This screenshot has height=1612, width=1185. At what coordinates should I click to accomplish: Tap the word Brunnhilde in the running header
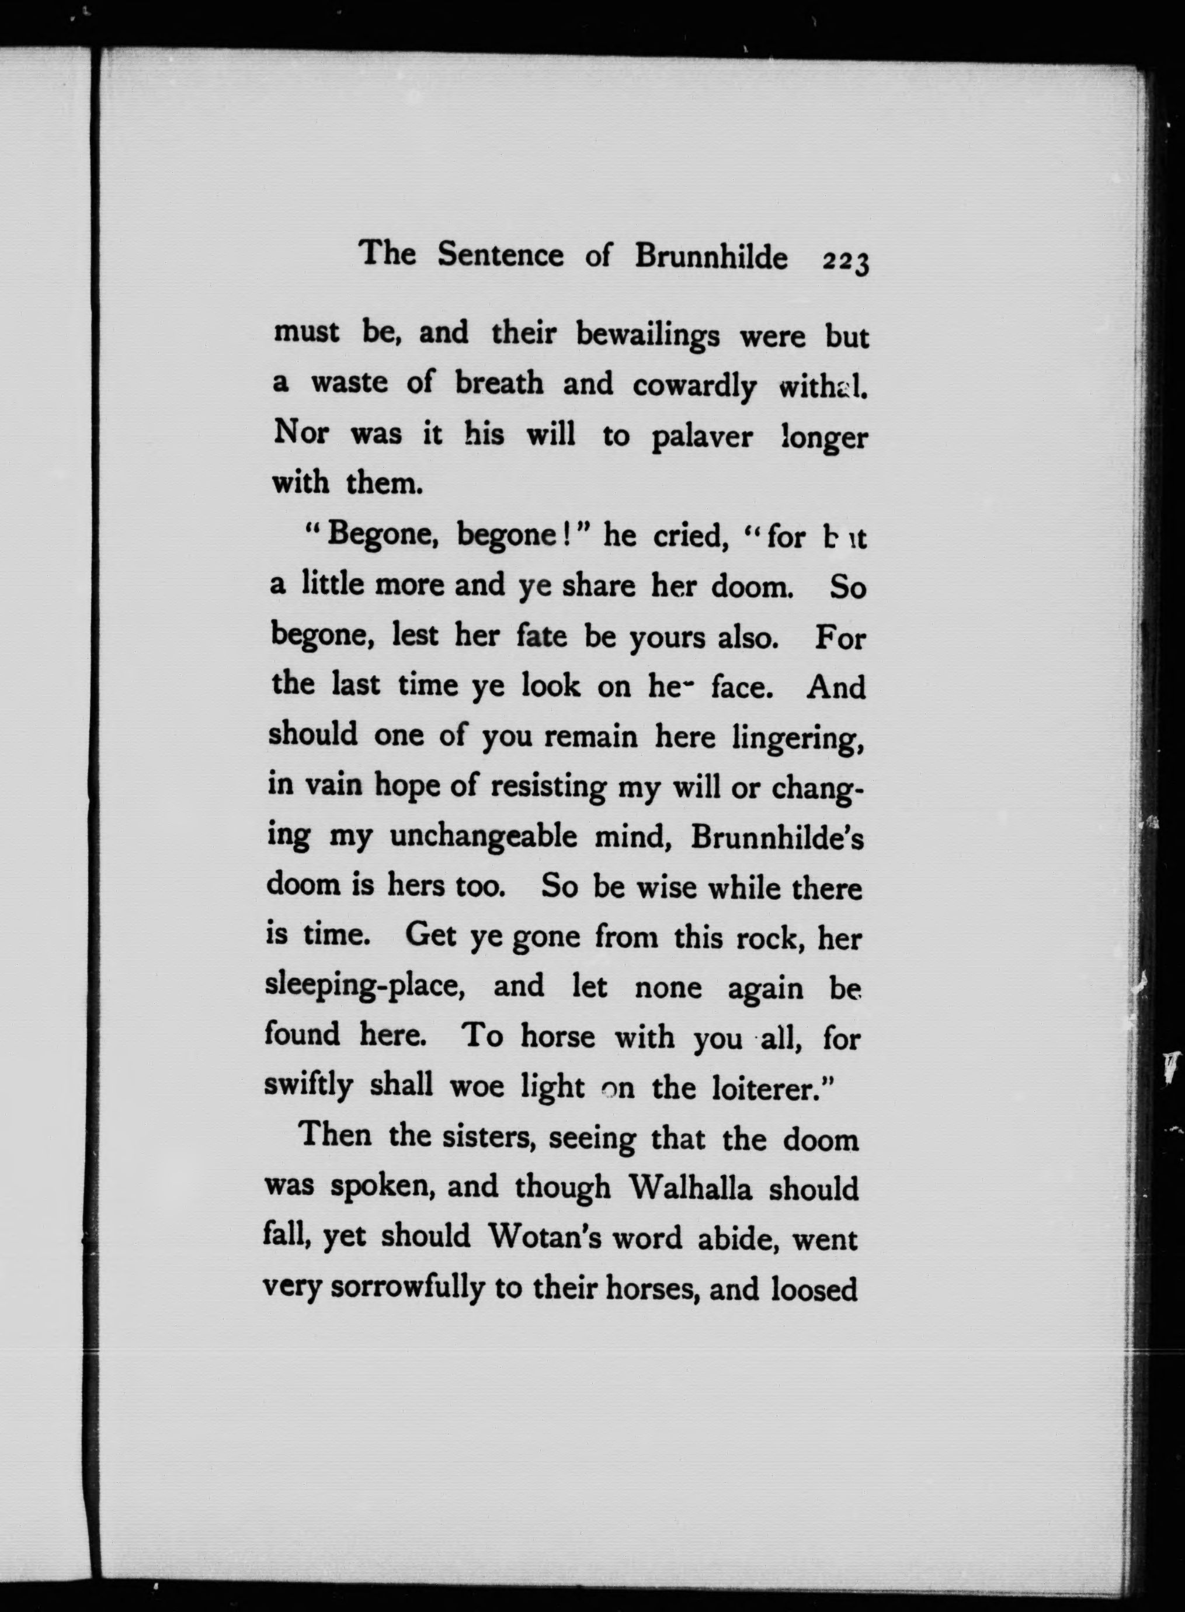pyautogui.click(x=711, y=257)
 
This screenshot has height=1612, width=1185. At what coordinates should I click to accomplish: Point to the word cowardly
pyautogui.click(x=694, y=387)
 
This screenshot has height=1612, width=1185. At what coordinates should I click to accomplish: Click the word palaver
pyautogui.click(x=702, y=437)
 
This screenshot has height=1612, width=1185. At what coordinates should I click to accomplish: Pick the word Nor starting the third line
pyautogui.click(x=301, y=433)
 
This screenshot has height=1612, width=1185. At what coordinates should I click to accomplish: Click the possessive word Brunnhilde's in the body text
pyautogui.click(x=777, y=838)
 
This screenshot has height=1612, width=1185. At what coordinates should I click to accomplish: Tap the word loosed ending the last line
pyautogui.click(x=814, y=1288)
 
